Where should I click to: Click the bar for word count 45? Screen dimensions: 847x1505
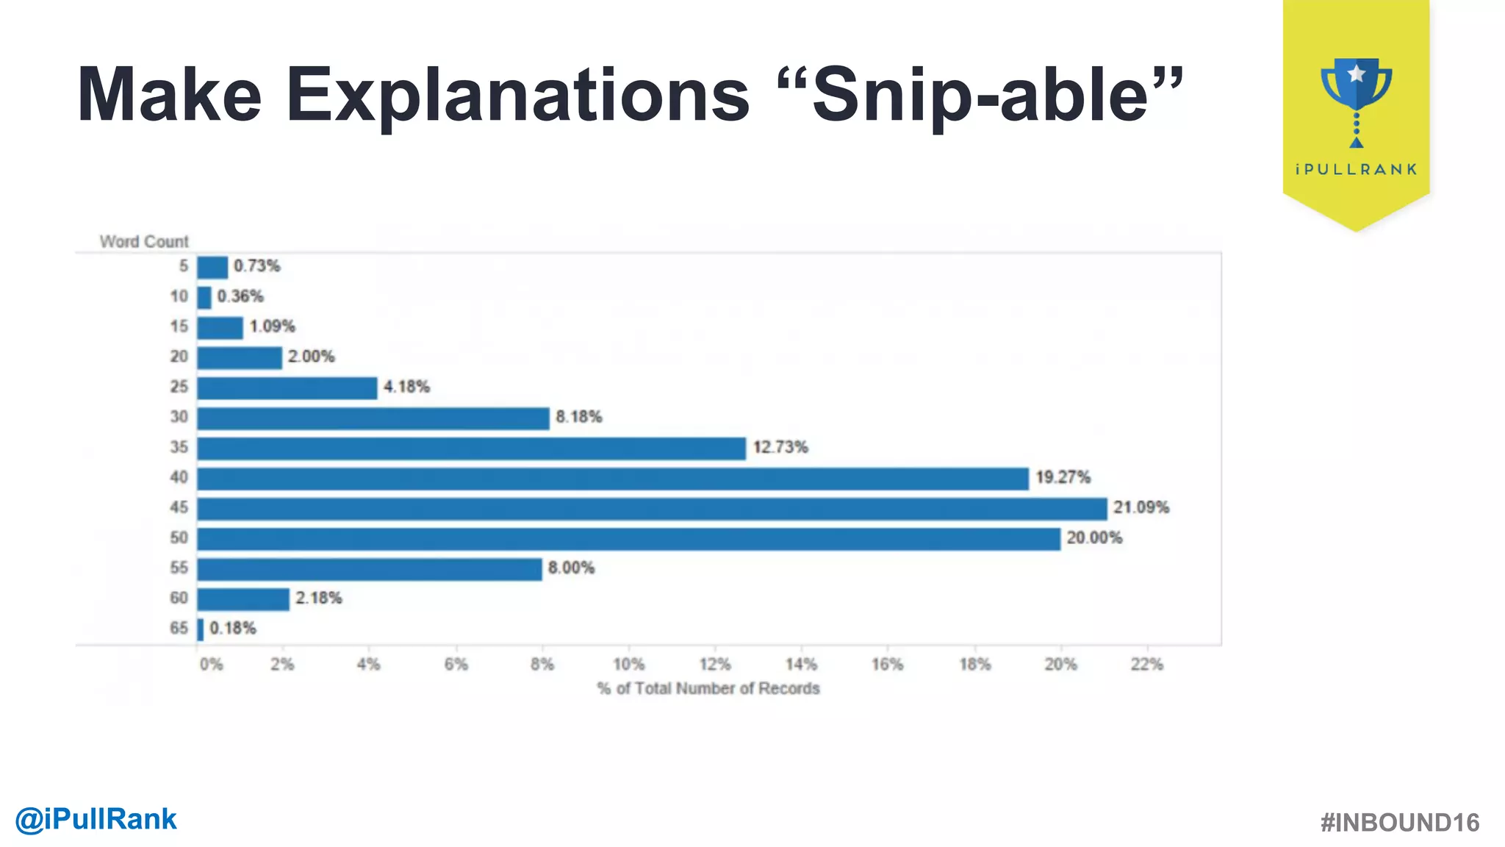click(x=652, y=509)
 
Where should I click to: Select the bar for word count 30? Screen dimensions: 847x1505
click(x=373, y=418)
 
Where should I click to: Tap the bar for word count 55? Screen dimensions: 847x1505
click(x=370, y=569)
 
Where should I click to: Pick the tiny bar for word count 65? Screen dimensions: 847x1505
click(x=201, y=629)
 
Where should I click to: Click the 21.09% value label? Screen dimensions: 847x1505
click(x=1141, y=507)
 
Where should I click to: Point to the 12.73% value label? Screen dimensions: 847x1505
click(x=780, y=447)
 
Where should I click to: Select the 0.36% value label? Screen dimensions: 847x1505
click(x=240, y=296)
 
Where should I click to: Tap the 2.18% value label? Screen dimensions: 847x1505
click(x=319, y=598)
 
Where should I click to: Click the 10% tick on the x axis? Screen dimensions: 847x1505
click(x=628, y=665)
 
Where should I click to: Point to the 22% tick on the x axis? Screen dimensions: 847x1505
click(x=1146, y=665)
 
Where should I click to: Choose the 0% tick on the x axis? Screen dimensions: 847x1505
click(x=211, y=665)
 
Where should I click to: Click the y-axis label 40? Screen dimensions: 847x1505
click(x=179, y=477)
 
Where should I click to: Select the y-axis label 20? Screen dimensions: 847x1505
click(x=179, y=357)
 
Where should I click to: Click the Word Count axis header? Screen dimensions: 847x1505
click(x=144, y=242)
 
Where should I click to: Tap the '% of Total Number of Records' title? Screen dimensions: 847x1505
click(x=708, y=689)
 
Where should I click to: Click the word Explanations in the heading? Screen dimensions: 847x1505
click(x=517, y=96)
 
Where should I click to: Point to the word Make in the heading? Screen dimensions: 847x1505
click(x=169, y=96)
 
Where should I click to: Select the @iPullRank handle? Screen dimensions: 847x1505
click(x=96, y=819)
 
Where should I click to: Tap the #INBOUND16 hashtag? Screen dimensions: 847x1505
click(x=1400, y=823)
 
